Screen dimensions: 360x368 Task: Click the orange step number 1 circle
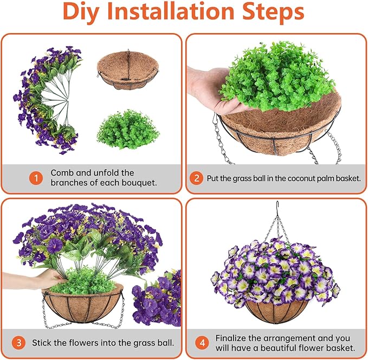tap(36, 178)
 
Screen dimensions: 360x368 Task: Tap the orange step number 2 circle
tap(197, 178)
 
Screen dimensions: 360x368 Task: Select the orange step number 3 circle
tap(19, 343)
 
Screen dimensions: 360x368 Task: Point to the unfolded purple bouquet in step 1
tap(46, 98)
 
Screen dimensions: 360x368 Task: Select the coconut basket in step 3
tap(84, 304)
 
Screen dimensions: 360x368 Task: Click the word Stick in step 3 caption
tap(42, 343)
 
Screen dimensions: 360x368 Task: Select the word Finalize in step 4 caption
tap(233, 338)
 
